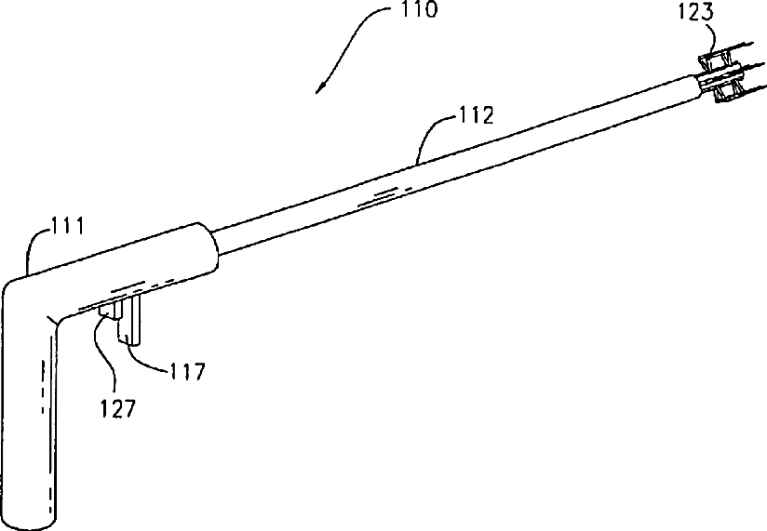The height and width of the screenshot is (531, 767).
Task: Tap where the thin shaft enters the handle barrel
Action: [x=215, y=244]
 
